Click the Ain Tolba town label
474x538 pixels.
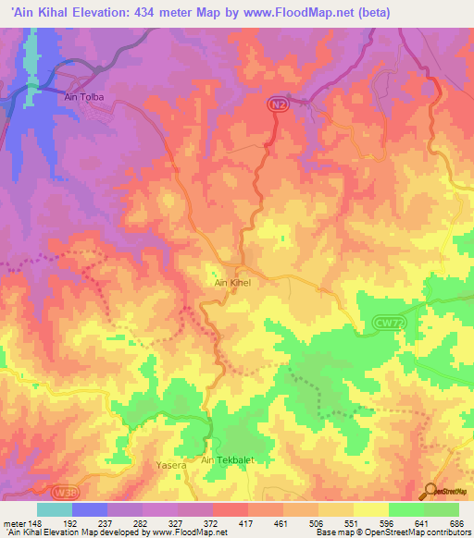coord(83,96)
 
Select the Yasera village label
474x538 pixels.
coord(171,466)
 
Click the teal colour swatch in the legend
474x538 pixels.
coord(55,509)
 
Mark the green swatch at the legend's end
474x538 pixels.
coord(442,509)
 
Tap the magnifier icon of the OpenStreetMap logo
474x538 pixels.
coord(431,491)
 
